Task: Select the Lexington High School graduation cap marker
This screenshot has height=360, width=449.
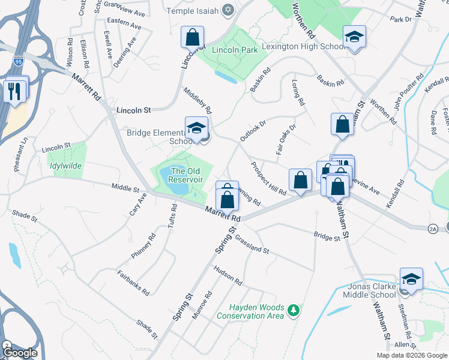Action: [354, 37]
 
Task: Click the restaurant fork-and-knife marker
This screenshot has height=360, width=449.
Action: [14, 91]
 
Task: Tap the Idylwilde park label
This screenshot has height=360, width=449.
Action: [67, 165]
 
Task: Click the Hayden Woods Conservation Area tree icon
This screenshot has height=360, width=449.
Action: [294, 310]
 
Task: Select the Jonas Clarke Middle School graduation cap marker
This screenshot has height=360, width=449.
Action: [411, 279]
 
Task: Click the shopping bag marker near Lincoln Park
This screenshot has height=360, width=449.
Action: [192, 38]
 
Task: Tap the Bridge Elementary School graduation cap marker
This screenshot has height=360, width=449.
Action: [196, 128]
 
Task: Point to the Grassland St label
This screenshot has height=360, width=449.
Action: [252, 244]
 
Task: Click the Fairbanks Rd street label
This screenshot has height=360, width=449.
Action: [133, 283]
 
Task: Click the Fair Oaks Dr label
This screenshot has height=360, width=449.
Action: [286, 140]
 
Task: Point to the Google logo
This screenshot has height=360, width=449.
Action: [19, 353]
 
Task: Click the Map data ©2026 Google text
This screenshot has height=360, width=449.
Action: [411, 355]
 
